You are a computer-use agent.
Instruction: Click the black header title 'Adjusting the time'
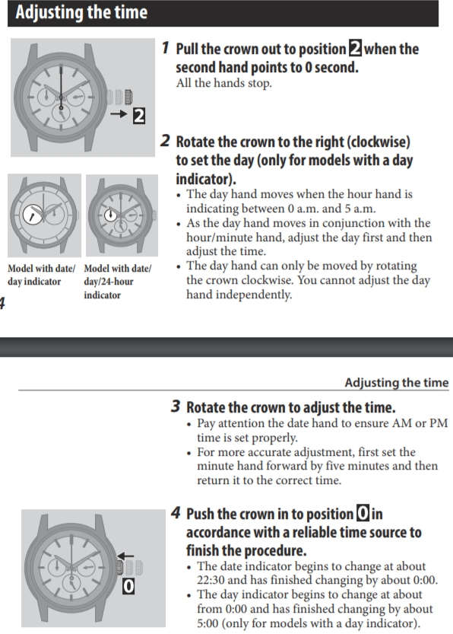click(81, 12)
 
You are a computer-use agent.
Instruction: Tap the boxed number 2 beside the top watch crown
click(139, 116)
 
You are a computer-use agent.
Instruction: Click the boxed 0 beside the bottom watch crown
click(128, 586)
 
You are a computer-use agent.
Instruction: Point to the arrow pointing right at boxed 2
click(119, 114)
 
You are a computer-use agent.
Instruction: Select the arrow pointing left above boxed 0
click(125, 556)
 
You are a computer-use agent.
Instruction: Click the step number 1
click(165, 48)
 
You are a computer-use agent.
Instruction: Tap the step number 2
click(165, 141)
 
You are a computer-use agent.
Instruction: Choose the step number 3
click(176, 406)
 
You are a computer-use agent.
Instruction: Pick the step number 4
click(176, 513)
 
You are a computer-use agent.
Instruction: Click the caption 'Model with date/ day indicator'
click(41, 275)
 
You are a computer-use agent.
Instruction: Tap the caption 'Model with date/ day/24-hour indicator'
click(118, 282)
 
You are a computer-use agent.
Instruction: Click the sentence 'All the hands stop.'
click(223, 83)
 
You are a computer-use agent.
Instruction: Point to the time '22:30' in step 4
click(211, 580)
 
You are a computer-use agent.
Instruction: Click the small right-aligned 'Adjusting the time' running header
click(397, 383)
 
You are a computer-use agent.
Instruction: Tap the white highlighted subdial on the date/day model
click(32, 215)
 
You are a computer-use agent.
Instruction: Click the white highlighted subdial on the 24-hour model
click(111, 215)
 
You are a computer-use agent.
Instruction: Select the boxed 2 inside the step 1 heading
click(355, 49)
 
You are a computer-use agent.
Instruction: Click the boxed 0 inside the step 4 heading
click(363, 514)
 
